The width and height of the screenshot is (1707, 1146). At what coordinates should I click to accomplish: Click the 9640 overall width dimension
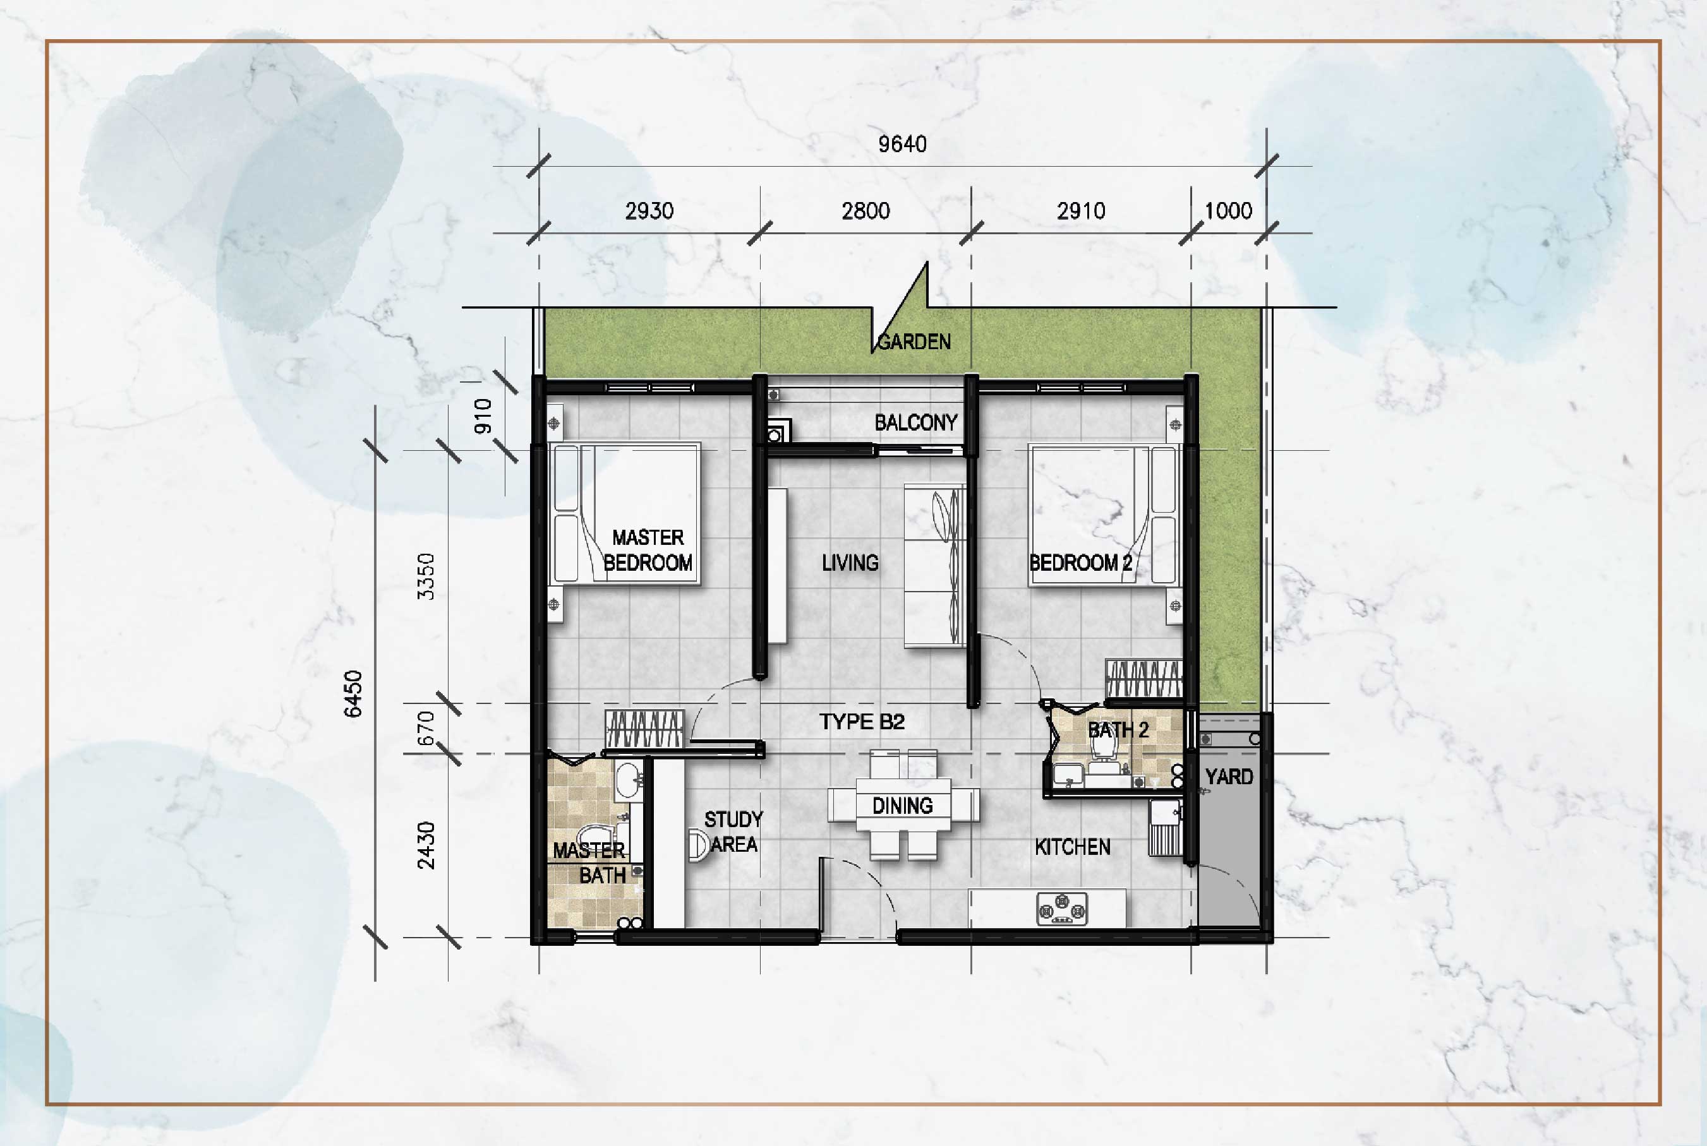click(902, 144)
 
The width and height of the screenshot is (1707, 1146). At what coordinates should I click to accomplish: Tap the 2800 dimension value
click(866, 212)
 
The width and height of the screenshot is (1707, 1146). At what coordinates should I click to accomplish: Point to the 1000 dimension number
click(1228, 212)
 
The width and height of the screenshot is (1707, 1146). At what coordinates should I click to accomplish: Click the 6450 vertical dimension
click(353, 693)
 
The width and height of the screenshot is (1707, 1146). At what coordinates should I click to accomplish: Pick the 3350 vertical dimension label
click(425, 576)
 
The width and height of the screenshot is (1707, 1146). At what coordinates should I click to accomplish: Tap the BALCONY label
click(916, 422)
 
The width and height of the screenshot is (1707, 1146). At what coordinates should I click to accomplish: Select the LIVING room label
click(850, 563)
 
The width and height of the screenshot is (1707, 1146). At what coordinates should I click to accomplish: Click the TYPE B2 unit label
click(862, 722)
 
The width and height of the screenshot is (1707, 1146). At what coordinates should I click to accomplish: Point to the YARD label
click(1229, 777)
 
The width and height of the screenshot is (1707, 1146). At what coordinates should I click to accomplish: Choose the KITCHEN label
click(1073, 847)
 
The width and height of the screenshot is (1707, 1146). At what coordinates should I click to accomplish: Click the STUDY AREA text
click(733, 832)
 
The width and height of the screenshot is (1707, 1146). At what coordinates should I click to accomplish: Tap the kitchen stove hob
click(1062, 909)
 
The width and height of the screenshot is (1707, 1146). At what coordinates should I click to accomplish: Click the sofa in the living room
click(935, 566)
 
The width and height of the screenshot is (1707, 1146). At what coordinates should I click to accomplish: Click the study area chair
click(699, 845)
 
